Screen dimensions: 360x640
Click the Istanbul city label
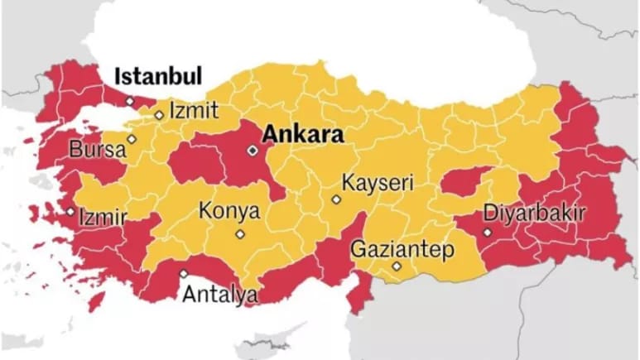(158, 77)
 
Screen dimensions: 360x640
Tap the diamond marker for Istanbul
(129, 101)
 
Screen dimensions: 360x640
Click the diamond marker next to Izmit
(159, 115)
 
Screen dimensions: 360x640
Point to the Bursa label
(97, 151)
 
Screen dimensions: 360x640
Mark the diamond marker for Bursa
(131, 139)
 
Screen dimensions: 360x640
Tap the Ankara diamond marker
(253, 151)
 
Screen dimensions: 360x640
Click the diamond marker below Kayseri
(335, 199)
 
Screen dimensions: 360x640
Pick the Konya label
(229, 211)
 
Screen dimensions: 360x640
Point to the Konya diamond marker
(240, 234)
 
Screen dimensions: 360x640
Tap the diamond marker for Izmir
(70, 211)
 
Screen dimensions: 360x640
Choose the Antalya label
(219, 294)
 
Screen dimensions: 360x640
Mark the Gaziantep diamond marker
(397, 266)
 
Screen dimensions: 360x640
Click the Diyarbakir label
(535, 213)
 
